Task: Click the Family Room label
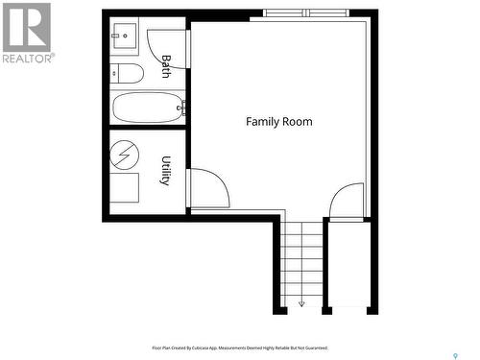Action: [278, 122]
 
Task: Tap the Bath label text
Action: [166, 65]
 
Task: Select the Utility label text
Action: [166, 171]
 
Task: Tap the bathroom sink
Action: [125, 37]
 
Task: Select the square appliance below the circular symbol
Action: [124, 187]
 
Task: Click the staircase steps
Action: [301, 264]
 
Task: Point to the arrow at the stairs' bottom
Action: [301, 303]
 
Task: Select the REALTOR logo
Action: [26, 33]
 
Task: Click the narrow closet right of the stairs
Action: [348, 264]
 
